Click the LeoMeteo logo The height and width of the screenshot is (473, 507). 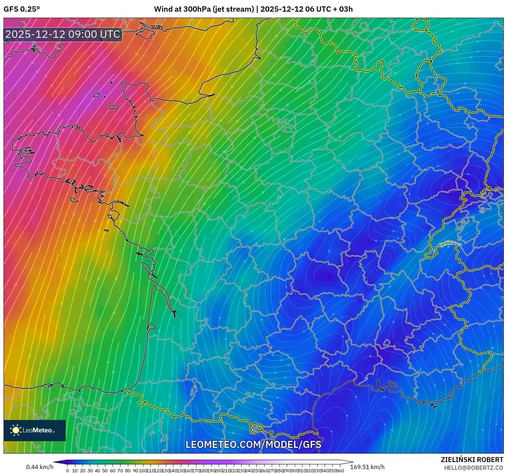click(35, 430)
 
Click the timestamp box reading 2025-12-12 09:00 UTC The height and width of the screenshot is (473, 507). click(63, 34)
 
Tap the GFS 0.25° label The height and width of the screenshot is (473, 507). click(22, 9)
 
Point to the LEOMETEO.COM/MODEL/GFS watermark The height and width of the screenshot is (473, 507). click(253, 444)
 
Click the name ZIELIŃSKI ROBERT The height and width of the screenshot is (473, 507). click(472, 460)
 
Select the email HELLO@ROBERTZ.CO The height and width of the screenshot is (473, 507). click(473, 467)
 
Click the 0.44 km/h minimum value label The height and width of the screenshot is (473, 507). click(40, 467)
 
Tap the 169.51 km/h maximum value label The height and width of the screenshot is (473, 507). click(367, 467)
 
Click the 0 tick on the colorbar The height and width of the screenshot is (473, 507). click(67, 471)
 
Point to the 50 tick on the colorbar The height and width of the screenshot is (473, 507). click(105, 471)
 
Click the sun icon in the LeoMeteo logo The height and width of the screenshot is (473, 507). click(16, 430)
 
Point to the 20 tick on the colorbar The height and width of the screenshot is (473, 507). click(82, 471)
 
